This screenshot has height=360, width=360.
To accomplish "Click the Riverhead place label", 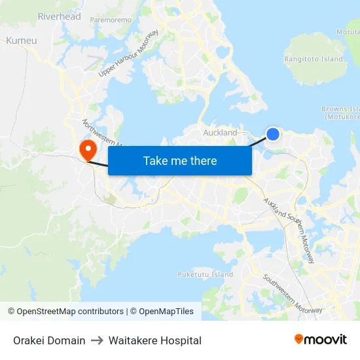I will click(60, 16).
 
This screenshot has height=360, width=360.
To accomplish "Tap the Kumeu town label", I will click(22, 41).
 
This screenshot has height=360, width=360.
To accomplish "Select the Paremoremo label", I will click(111, 20).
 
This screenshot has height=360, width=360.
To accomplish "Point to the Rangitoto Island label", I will click(314, 59).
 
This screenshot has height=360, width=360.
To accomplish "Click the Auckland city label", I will click(220, 133).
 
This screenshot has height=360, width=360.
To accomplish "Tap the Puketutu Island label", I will click(205, 274).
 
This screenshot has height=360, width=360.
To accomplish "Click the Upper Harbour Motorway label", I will click(129, 54).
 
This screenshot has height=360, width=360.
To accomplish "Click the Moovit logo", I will click(321, 340).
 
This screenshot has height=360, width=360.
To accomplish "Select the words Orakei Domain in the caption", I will click(49, 340).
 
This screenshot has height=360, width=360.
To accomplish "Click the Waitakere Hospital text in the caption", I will click(155, 340).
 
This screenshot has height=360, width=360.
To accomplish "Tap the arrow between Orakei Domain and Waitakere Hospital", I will click(97, 340).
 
